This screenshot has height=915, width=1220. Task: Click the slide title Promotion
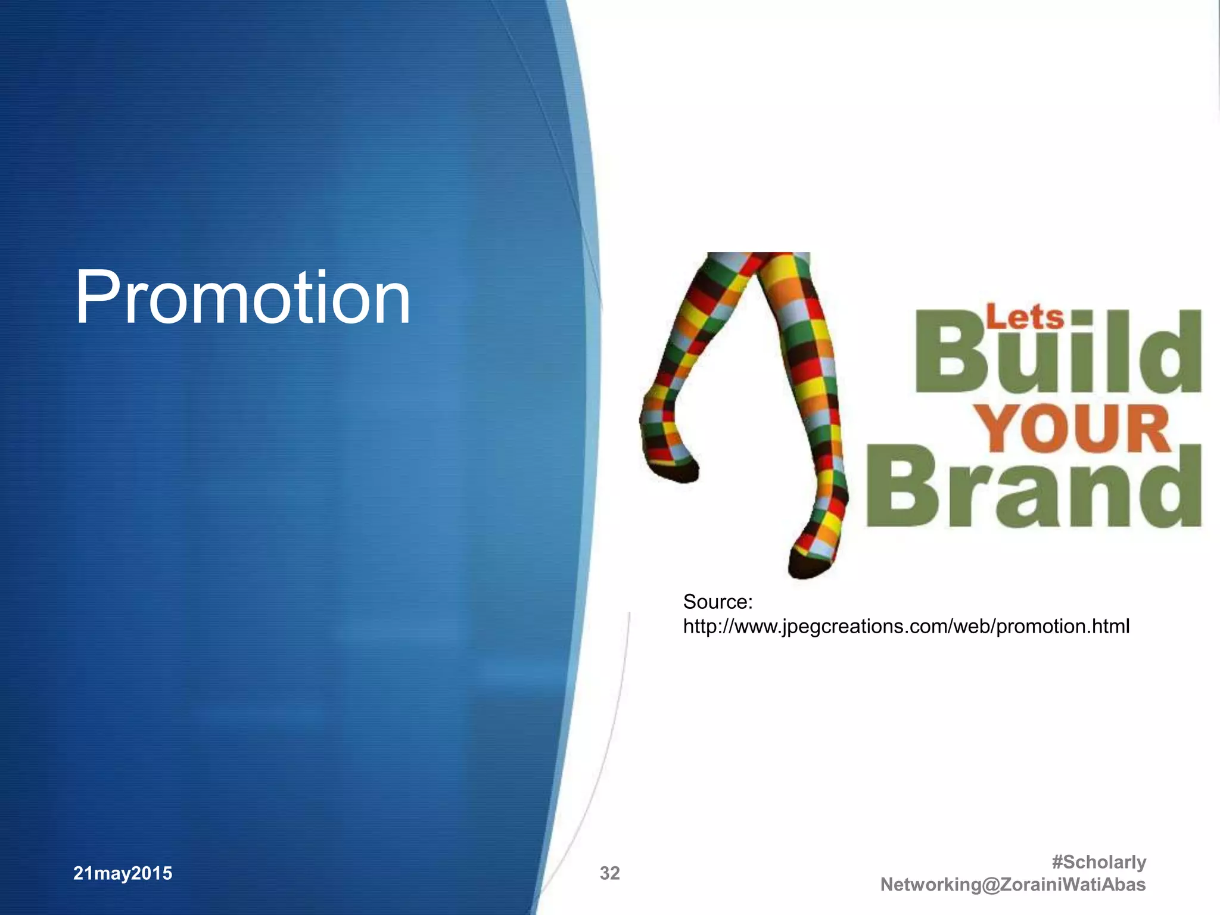(x=242, y=297)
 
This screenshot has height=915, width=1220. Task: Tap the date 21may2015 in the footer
(x=123, y=873)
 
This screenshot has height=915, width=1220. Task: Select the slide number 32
(x=609, y=873)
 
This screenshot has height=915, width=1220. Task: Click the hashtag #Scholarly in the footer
(x=1098, y=862)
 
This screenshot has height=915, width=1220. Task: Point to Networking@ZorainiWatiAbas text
(x=1013, y=885)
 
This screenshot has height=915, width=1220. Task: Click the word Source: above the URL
(x=718, y=602)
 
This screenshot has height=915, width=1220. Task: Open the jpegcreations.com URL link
(x=905, y=626)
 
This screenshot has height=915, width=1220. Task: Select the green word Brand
(x=1034, y=487)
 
